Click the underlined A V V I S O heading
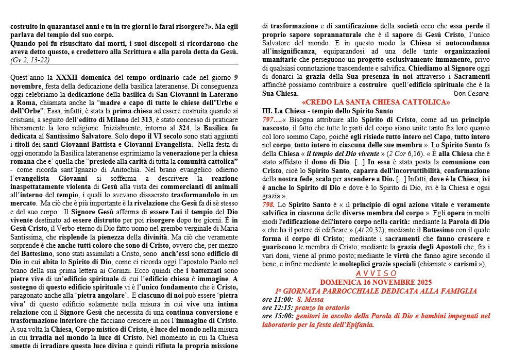(376, 273)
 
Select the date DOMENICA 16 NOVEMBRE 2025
(376, 282)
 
